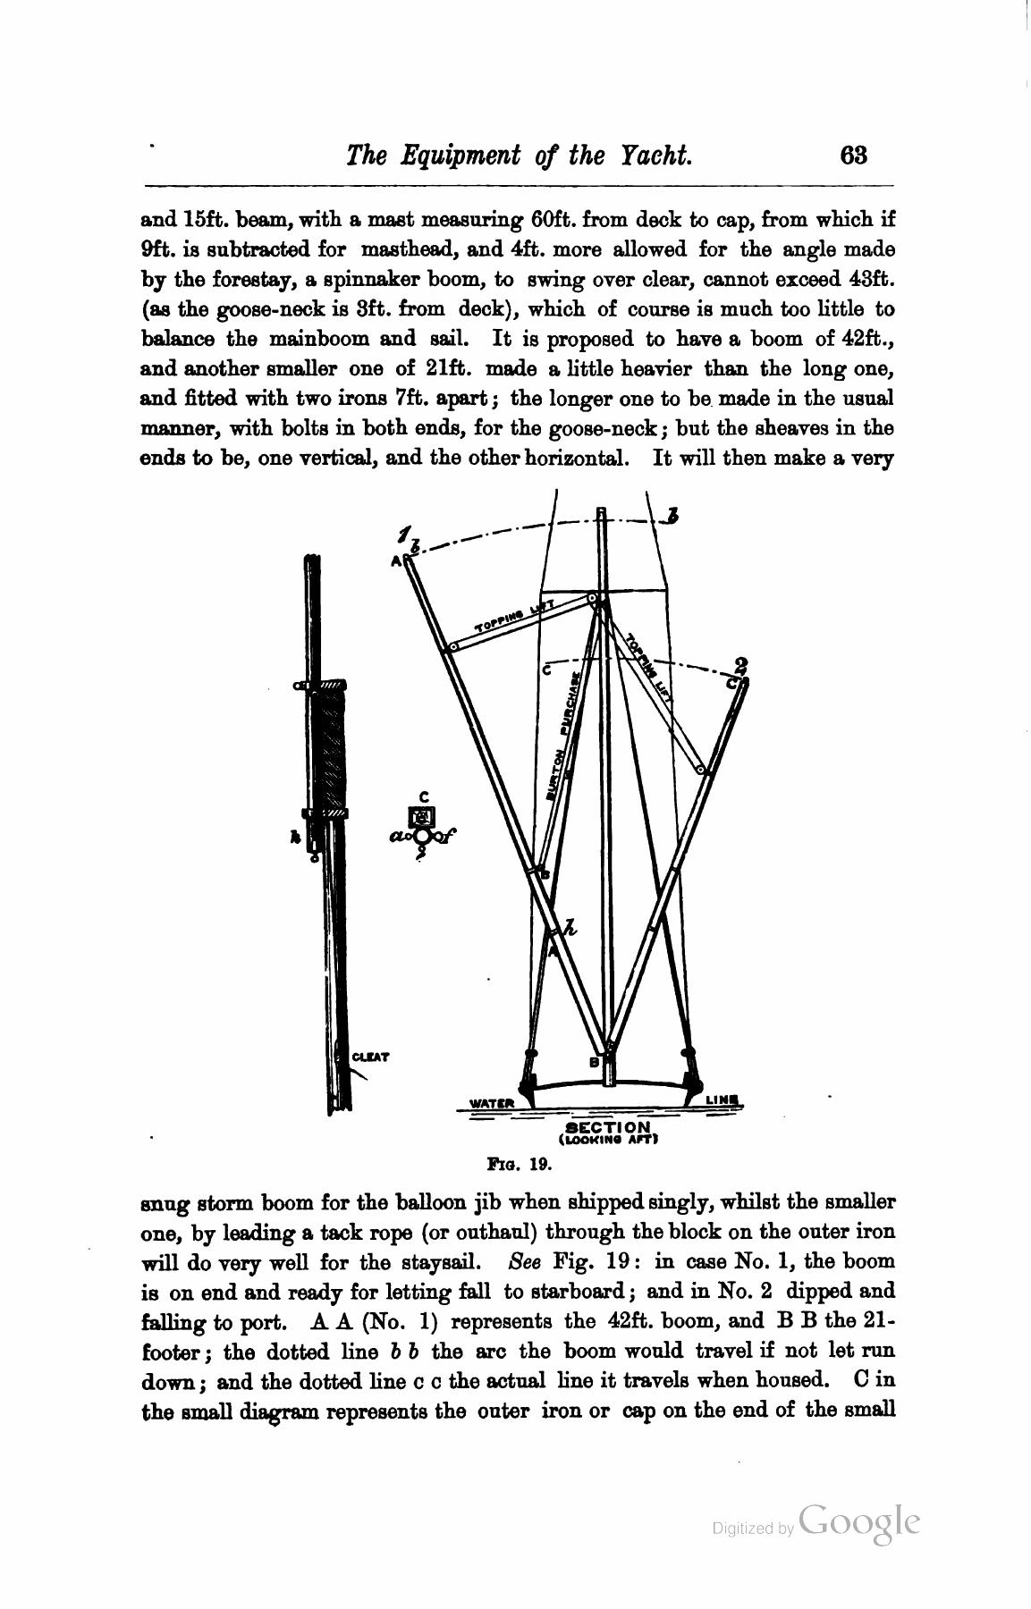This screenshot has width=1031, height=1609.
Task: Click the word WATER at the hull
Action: tap(493, 1103)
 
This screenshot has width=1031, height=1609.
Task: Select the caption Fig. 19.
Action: tap(516, 1165)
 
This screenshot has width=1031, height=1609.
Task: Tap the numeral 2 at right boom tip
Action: tap(740, 666)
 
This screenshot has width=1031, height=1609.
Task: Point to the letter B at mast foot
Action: tap(593, 1063)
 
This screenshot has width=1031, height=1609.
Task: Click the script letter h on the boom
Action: tap(570, 927)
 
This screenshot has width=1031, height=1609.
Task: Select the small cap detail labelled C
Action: tap(423, 816)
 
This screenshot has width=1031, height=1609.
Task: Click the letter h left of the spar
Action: tap(293, 838)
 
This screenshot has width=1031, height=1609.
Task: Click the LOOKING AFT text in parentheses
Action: tap(609, 1141)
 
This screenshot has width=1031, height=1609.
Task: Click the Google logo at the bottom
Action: tap(859, 1521)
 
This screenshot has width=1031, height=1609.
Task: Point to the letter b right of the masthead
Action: tap(672, 516)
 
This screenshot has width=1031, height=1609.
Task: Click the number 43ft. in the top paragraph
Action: tap(870, 279)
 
